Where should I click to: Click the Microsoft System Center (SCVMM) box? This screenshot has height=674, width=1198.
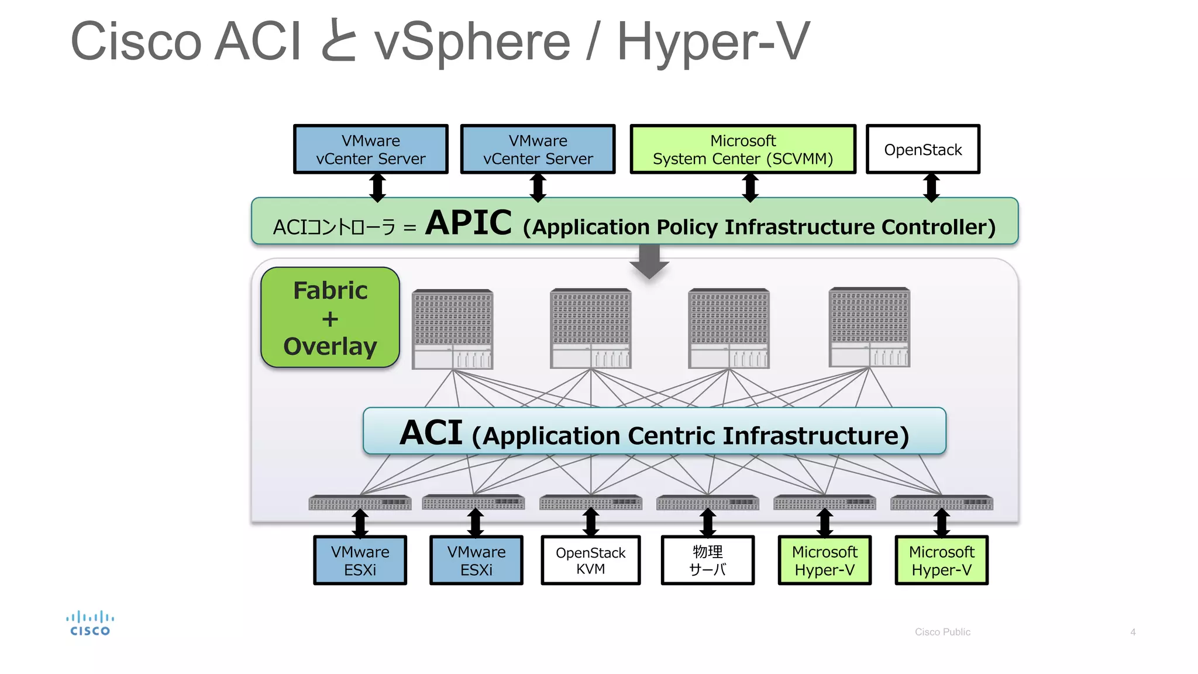pos(742,149)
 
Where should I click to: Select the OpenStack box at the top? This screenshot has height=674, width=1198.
pos(922,149)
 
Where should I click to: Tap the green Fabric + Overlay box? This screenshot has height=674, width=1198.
pos(330,318)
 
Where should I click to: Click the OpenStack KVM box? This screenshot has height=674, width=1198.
pos(590,560)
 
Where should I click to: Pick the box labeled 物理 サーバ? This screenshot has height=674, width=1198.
pos(707,560)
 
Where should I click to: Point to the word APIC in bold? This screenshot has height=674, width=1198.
pos(469,223)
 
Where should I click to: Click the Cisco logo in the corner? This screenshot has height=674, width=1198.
pos(89,624)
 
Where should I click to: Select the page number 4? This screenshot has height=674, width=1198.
pos(1132,632)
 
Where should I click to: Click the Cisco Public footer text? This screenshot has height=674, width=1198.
pos(942,632)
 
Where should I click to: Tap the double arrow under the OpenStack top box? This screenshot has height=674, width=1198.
pos(931,187)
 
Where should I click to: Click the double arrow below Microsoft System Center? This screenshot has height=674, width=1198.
pos(750,187)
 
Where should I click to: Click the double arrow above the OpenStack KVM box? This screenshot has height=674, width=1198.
pos(591,522)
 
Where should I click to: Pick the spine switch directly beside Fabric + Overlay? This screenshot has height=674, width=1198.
pos(452,329)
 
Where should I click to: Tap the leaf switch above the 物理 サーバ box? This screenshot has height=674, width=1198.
pos(707,503)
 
